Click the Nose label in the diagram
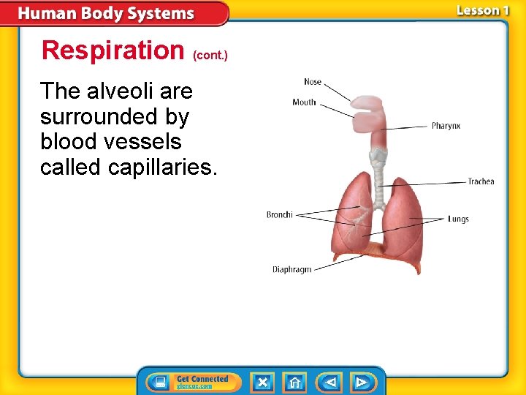313,82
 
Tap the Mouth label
304,102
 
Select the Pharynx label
446,127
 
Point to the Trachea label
481,182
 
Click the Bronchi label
279,215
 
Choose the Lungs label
458,219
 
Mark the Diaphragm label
291,270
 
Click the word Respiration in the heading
113,50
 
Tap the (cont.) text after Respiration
210,55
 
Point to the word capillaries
162,168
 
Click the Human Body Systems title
107,14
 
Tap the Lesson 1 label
483,11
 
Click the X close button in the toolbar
262,382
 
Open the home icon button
294,382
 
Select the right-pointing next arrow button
362,382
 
